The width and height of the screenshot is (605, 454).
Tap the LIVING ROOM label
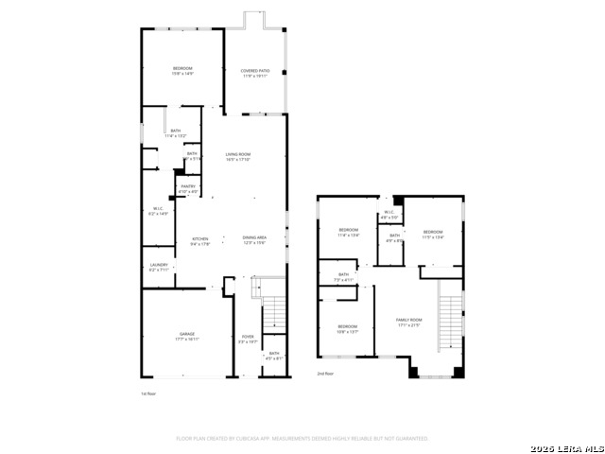pyautogui.click(x=237, y=156)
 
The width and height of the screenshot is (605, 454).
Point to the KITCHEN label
pyautogui.click(x=199, y=240)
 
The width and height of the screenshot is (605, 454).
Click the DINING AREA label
pyautogui.click(x=254, y=240)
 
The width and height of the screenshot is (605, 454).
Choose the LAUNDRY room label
pyautogui.click(x=158, y=268)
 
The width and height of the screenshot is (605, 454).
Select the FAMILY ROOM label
pyautogui.click(x=408, y=323)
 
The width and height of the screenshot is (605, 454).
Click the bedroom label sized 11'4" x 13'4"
pyautogui.click(x=350, y=233)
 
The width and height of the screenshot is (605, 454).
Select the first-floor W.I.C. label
pyautogui.click(x=160, y=211)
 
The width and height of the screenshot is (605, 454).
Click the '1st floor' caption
pyautogui.click(x=149, y=393)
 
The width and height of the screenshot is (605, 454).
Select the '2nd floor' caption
pyautogui.click(x=326, y=374)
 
